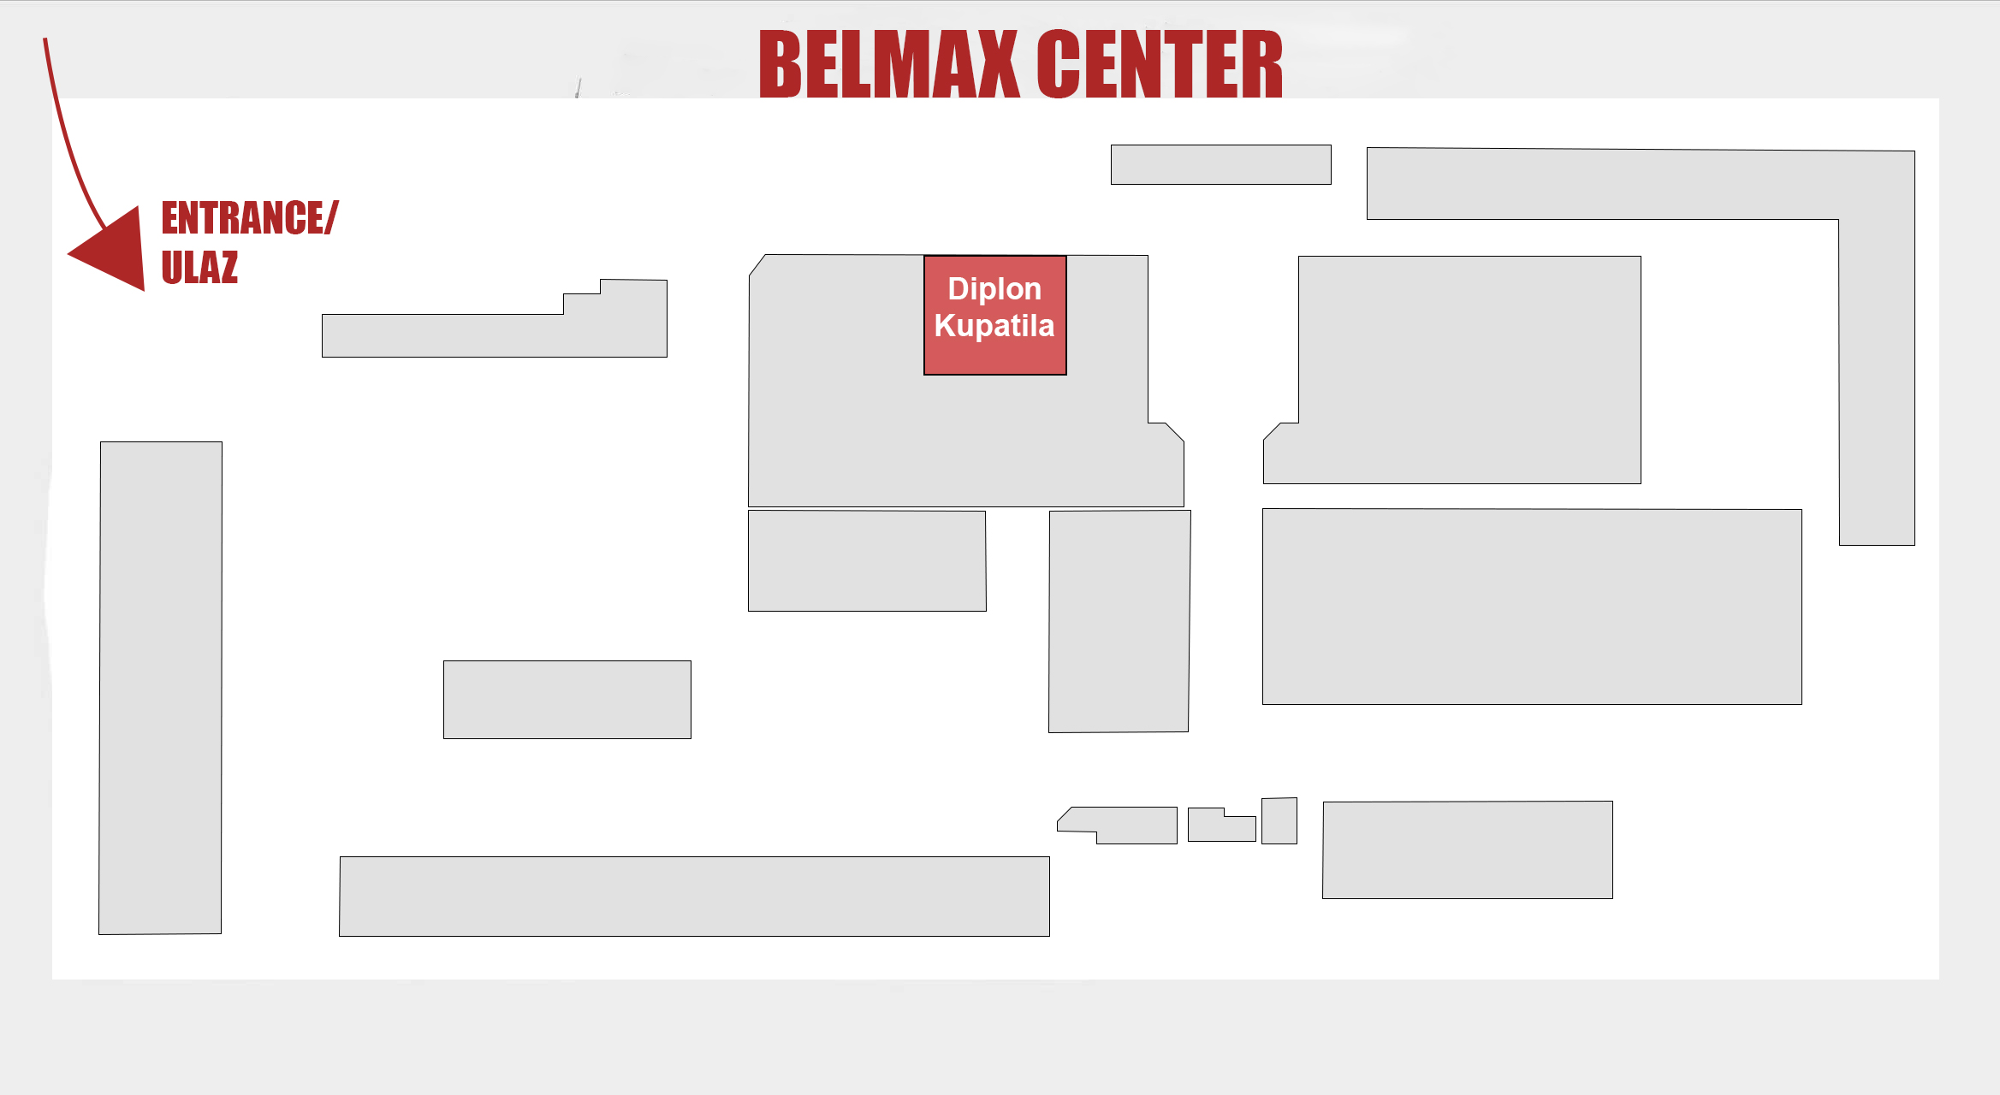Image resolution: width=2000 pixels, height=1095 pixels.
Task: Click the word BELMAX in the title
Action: click(888, 64)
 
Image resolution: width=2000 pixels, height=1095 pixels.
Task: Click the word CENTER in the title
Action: click(1160, 64)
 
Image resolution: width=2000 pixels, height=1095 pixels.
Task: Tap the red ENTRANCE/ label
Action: click(249, 218)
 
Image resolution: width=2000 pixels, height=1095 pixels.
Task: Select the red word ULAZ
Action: click(199, 268)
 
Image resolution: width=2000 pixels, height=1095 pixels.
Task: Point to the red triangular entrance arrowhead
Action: click(116, 251)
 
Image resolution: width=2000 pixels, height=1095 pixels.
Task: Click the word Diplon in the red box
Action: click(994, 289)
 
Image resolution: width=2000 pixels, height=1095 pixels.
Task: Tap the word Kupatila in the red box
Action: click(994, 326)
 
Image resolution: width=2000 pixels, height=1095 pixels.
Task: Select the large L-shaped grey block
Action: click(1874, 342)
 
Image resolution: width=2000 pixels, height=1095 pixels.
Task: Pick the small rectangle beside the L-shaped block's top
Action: click(1220, 164)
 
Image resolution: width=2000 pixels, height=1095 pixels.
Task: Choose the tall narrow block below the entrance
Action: click(160, 687)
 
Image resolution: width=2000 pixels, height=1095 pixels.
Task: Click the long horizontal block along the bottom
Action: click(694, 896)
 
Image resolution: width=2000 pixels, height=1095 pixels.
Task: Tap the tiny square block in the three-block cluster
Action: click(1279, 820)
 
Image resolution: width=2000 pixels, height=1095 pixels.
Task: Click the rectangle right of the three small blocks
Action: click(1468, 849)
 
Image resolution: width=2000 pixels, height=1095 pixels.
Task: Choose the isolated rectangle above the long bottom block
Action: click(567, 699)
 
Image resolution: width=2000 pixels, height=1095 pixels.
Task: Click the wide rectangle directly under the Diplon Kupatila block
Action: click(867, 560)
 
